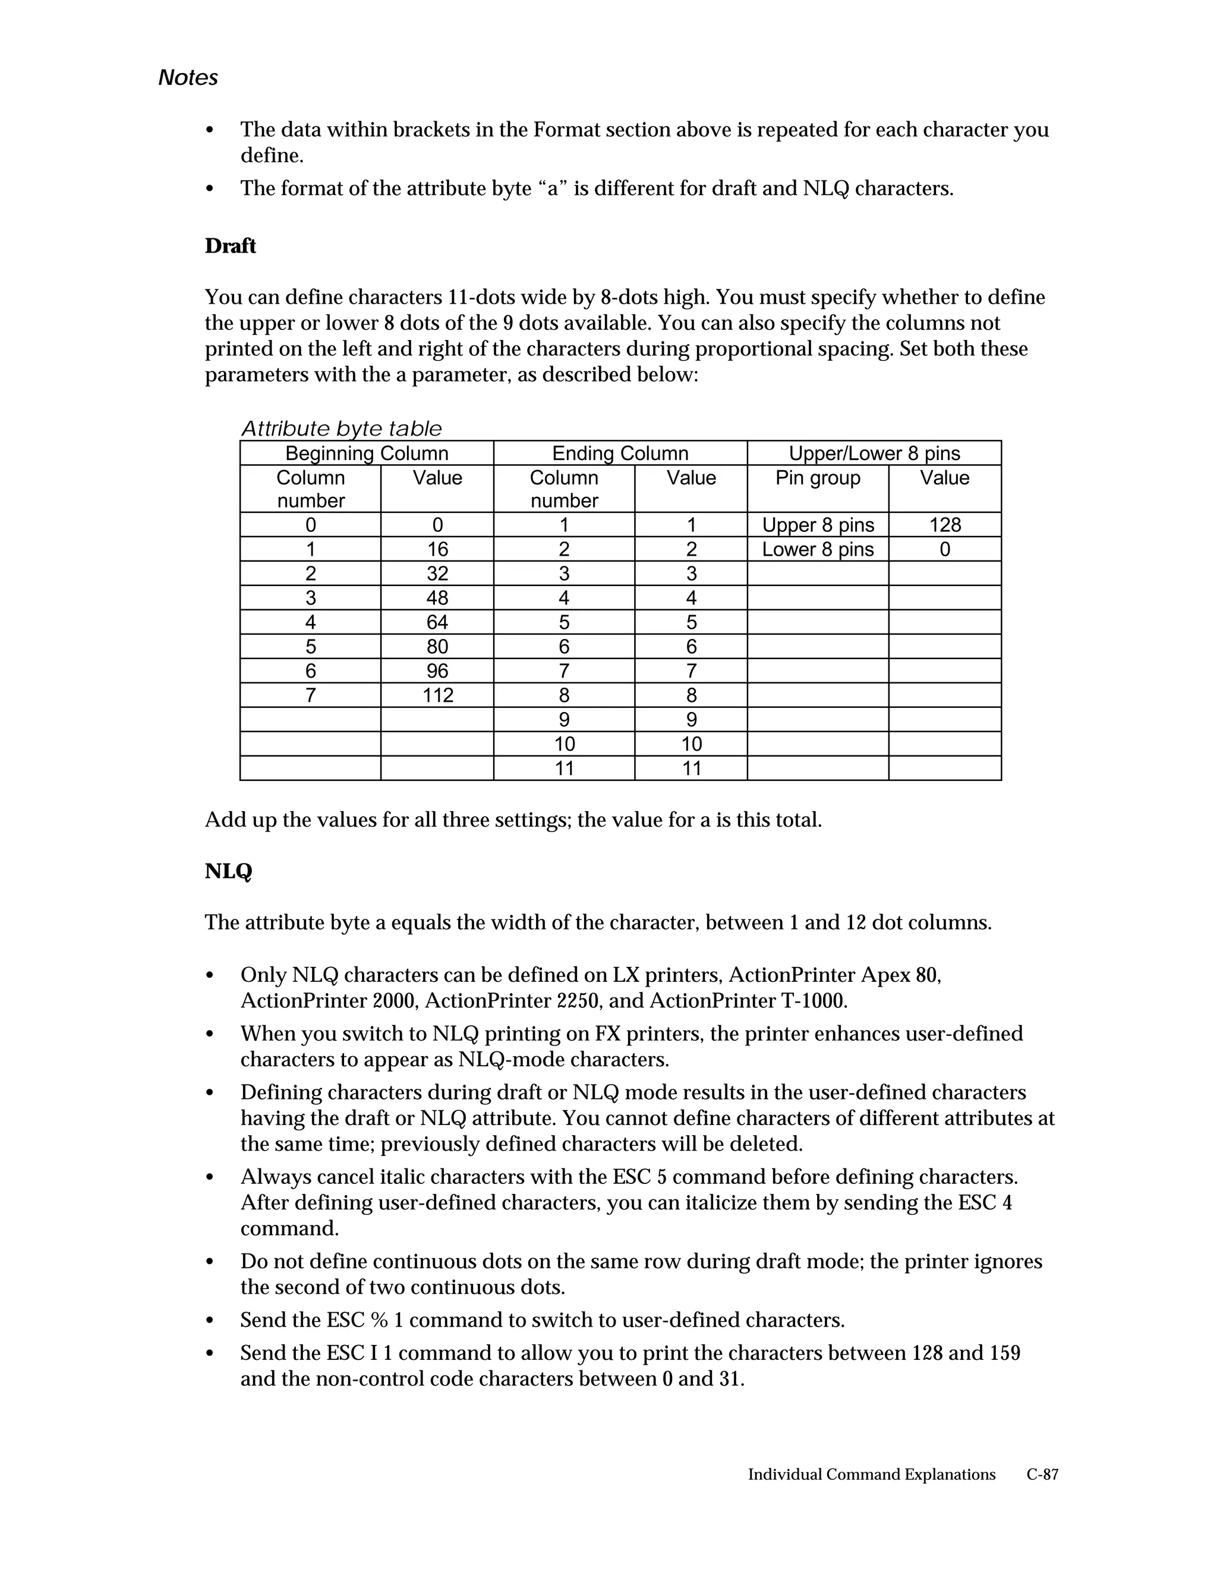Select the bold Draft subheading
click(230, 246)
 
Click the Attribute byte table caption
click(341, 429)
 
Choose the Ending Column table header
click(620, 453)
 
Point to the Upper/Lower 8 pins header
click(874, 453)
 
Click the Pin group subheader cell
click(818, 478)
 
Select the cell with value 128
click(944, 525)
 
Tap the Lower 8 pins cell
click(818, 550)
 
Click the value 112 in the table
click(437, 695)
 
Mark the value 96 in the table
click(437, 670)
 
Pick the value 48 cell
click(437, 598)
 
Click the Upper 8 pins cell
click(818, 525)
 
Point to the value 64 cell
click(437, 622)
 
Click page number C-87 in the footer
click(1042, 1474)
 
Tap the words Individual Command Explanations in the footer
click(871, 1474)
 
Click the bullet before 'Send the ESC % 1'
click(210, 1321)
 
